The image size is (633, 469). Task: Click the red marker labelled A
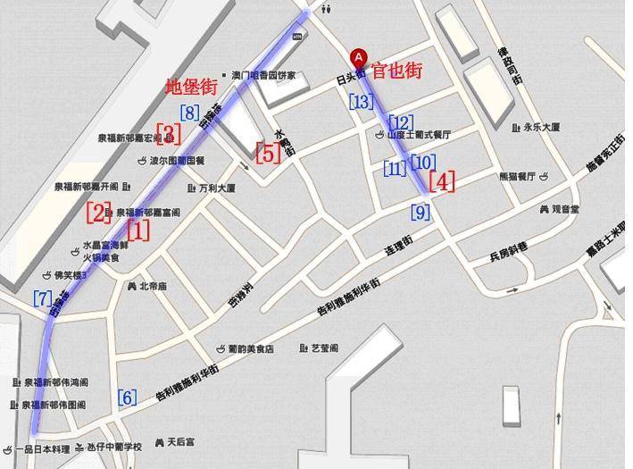[x=358, y=56]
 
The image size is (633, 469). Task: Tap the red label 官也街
[x=396, y=71]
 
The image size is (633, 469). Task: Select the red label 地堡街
[x=192, y=88]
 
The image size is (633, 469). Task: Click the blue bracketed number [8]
[x=189, y=113]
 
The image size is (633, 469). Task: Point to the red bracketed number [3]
[x=169, y=133]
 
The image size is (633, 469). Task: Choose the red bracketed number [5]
[x=268, y=152]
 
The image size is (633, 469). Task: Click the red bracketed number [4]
[x=442, y=181]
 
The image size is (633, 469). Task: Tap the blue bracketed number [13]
[x=362, y=102]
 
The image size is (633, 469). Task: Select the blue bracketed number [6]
[x=128, y=398]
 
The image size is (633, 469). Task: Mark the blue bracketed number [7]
[x=42, y=299]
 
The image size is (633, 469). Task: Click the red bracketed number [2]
[x=99, y=213]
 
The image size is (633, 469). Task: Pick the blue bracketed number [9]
[x=420, y=213]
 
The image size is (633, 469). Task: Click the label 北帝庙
[x=153, y=287]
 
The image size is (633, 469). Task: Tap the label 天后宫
[x=179, y=441]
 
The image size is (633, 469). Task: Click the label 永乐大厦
[x=542, y=127]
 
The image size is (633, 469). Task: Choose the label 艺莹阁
[x=323, y=348]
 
